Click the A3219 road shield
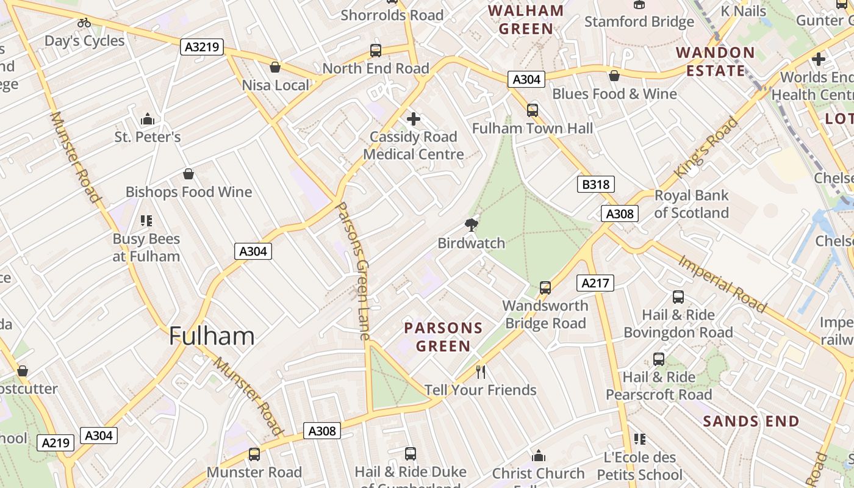[202, 47]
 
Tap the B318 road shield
[595, 184]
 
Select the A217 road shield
[595, 283]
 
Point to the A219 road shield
[56, 443]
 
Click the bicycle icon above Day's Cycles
[84, 23]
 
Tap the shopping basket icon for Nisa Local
[275, 66]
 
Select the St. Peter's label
[148, 137]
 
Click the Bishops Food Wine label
[188, 192]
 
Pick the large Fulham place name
[211, 336]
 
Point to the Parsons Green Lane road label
[354, 271]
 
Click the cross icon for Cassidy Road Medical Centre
[414, 118]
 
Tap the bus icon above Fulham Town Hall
[533, 110]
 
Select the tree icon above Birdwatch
[471, 225]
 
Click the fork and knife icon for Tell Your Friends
[481, 371]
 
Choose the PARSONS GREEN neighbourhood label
[443, 337]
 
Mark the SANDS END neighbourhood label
[751, 422]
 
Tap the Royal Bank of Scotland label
[691, 204]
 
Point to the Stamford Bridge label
[639, 22]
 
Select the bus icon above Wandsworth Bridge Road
[545, 287]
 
